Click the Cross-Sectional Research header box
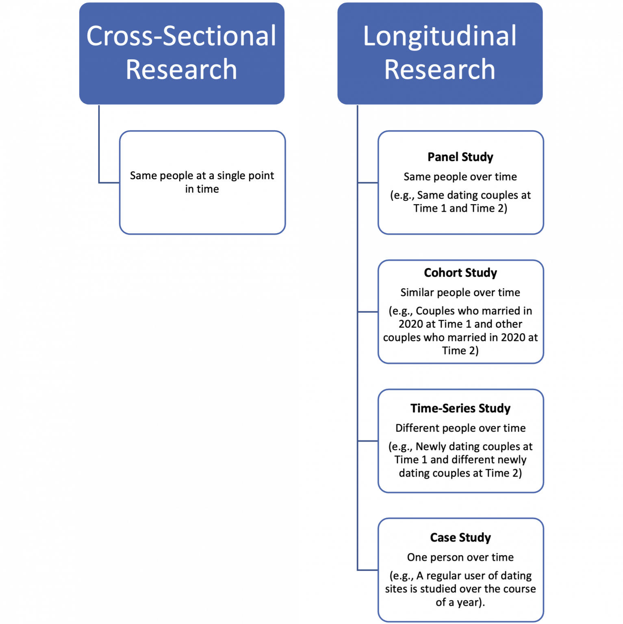click(182, 53)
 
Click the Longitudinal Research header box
click(440, 53)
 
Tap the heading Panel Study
click(460, 157)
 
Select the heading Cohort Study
click(460, 273)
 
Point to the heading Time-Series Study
click(460, 408)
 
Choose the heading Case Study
click(460, 537)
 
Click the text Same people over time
click(460, 177)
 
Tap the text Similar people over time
click(460, 292)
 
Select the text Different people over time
click(460, 428)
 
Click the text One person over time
click(460, 557)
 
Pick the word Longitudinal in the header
click(440, 36)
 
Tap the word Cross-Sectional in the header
click(181, 36)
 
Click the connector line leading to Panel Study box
click(368, 183)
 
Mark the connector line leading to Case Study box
click(368, 570)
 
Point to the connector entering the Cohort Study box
click(368, 312)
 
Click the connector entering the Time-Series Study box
click(368, 441)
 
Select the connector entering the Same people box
click(109, 183)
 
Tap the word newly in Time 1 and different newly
click(511, 460)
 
